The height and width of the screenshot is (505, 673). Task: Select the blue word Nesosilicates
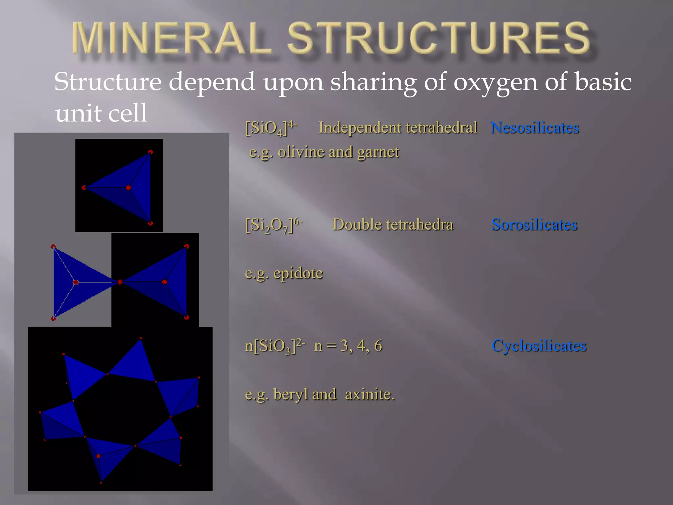[x=535, y=128]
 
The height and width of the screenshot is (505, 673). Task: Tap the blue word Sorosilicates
[x=534, y=225]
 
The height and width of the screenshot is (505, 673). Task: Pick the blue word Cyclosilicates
[x=539, y=346]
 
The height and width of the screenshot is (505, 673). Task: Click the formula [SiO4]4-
[x=271, y=128]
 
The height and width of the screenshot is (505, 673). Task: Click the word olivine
[x=301, y=152]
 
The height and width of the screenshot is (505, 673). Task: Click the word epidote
[x=298, y=273]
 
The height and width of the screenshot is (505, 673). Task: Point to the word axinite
[x=369, y=394]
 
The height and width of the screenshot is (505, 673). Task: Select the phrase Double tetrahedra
[x=393, y=225]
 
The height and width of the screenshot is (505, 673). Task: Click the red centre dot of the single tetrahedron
[x=128, y=188]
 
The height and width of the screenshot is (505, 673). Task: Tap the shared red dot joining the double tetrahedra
[x=120, y=282]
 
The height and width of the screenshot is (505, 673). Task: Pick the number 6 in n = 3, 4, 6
[x=378, y=346]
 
